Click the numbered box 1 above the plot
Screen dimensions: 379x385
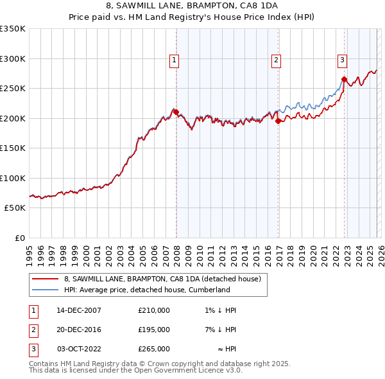174,60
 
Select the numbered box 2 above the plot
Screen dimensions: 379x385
276,60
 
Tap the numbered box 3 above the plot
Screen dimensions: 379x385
342,60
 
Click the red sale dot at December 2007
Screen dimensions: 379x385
176,112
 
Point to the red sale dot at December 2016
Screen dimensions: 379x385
278,121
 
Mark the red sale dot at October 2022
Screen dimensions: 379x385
344,80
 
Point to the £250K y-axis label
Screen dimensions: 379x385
13,89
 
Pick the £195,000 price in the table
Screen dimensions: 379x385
154,330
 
